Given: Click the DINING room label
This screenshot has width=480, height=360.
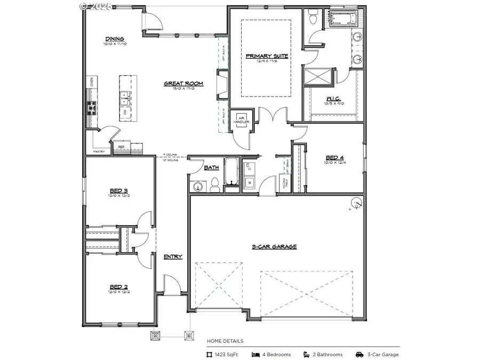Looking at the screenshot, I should point(115,39).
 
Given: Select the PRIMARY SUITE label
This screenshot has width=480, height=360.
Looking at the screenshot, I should point(267,56).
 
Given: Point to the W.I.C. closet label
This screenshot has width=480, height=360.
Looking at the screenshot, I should point(333,99).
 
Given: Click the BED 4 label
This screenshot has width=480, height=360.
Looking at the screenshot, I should point(334,157).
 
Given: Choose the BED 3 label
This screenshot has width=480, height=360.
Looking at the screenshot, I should point(118,190).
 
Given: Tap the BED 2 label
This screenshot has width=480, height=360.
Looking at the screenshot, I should point(118,286).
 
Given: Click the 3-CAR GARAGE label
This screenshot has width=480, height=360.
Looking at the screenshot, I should point(274,247).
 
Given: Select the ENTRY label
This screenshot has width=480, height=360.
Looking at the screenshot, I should point(173,257).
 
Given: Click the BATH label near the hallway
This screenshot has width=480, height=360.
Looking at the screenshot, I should point(212,167).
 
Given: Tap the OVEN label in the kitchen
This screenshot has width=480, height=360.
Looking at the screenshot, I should point(91,82).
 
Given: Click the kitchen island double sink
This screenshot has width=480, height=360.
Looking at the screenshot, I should point(124,97).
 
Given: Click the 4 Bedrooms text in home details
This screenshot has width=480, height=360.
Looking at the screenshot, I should point(276,354).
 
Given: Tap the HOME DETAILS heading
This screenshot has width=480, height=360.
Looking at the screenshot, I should point(225,341).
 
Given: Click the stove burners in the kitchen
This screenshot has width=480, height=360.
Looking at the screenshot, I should point(91,108).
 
